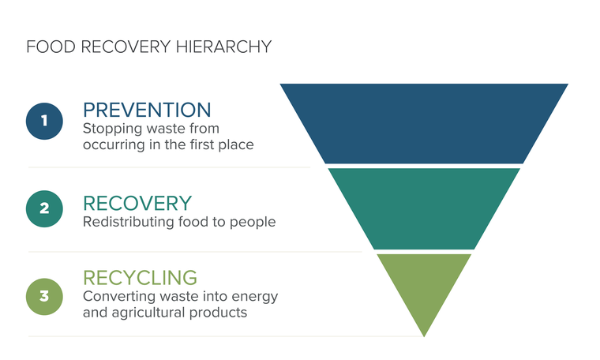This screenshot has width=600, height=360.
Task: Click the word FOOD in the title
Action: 51,47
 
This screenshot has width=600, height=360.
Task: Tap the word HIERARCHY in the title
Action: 224,47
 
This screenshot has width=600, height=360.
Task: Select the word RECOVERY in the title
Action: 126,47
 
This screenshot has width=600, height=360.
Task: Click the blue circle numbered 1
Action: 44,121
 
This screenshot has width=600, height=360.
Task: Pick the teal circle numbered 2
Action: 44,208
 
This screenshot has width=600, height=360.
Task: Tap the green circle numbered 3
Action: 44,297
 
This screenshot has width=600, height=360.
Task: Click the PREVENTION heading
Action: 147,111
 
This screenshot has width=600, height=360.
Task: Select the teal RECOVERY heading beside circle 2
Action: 137,203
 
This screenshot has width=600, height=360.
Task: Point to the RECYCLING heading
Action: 140,278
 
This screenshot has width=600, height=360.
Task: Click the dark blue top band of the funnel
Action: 424,124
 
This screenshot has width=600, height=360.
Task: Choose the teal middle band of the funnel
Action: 424,209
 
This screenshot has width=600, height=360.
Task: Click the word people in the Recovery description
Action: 253,223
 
